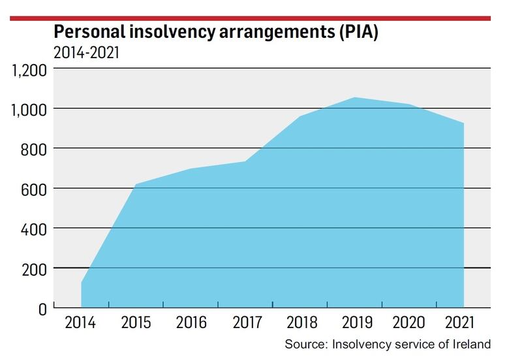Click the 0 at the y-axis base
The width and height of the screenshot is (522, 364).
pyautogui.click(x=42, y=309)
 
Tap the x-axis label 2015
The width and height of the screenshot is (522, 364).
pyautogui.click(x=136, y=323)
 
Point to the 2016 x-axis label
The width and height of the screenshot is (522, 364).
pyautogui.click(x=191, y=323)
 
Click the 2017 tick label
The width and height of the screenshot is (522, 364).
pyautogui.click(x=245, y=323)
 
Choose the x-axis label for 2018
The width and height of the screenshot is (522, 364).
pyautogui.click(x=300, y=323)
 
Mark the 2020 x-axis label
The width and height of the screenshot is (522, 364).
pyautogui.click(x=409, y=323)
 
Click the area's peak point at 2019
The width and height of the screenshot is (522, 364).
pyautogui.click(x=354, y=98)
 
